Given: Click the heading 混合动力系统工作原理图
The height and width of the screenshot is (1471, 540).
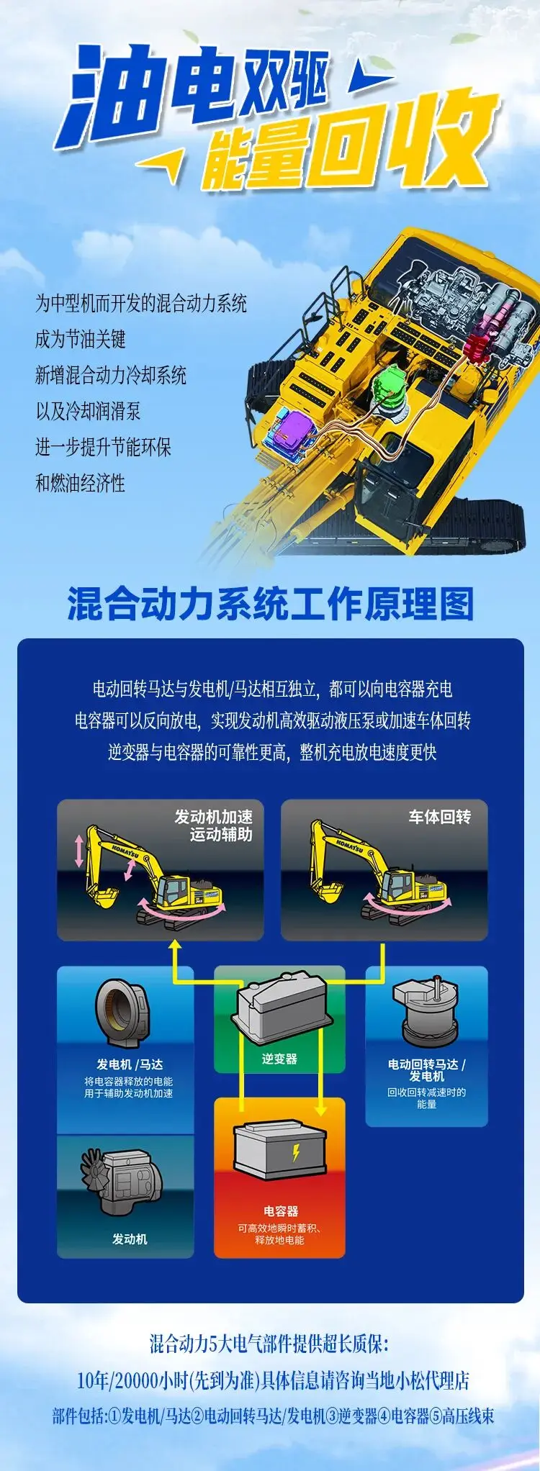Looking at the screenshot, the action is coord(271,603).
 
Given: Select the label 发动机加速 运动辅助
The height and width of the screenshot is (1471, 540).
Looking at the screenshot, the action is coord(214,825).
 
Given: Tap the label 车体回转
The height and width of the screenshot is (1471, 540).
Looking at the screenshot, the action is coord(440,817).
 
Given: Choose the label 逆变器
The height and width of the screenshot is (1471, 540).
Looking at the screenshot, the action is coord(279,1059).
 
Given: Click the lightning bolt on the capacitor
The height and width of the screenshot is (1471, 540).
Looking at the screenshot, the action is coord(296,1153).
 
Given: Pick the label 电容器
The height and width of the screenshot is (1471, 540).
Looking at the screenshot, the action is coord(280,1211).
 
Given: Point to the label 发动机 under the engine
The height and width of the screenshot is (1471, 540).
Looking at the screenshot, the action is coord(130,1239).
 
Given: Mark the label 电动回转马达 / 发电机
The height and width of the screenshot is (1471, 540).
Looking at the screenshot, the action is coord(427,1069).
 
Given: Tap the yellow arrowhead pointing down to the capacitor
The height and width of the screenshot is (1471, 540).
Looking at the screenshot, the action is coord(320,1109).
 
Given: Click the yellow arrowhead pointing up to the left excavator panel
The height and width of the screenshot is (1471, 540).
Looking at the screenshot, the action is coord(174,946).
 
